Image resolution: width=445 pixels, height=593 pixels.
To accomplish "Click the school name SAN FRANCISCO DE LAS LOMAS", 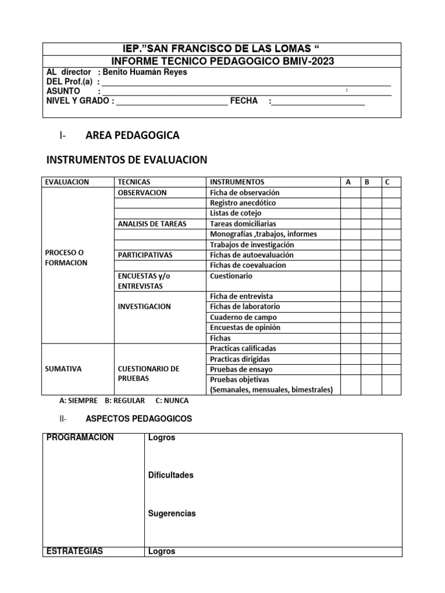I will point(228,49).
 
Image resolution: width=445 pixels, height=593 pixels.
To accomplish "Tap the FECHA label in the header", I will point(244,101).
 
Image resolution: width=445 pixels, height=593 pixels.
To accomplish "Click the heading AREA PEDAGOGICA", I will point(132,136).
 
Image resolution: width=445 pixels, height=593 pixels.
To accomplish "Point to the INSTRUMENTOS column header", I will point(237,182).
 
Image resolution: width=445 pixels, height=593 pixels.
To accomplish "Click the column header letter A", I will point(348,182).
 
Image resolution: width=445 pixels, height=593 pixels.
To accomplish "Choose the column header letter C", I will point(387,182).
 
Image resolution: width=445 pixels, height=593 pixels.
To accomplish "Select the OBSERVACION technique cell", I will point(142,192).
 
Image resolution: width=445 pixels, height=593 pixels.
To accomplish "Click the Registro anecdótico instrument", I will point(243,203).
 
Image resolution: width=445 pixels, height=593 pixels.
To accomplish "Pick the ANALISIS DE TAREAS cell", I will point(152,224).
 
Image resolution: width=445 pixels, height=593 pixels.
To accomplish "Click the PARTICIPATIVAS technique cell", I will point(145,255).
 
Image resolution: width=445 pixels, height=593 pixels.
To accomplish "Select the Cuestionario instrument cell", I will point(231,276).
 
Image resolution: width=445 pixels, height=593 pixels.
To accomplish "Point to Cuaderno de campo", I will point(243,317).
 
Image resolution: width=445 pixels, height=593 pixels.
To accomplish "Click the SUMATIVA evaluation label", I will point(63,368).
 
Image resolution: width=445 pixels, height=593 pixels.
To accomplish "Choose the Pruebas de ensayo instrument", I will point(241,369).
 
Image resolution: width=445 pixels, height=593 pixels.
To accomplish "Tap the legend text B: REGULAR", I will point(125,401).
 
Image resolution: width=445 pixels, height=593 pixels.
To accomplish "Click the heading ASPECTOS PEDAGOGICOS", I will point(138,418).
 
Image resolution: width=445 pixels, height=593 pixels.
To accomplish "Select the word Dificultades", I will point(170,475).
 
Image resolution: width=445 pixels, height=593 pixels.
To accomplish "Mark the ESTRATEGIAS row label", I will point(74,551).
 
